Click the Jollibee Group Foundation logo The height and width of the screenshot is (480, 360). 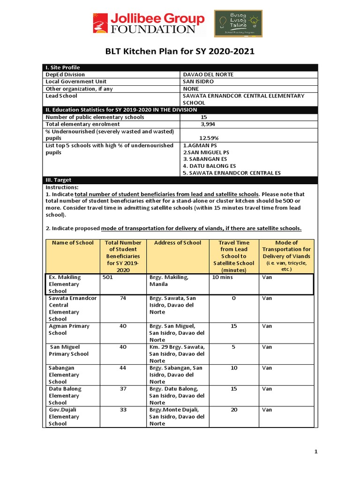(149, 23)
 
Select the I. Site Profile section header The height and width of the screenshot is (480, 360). (62, 67)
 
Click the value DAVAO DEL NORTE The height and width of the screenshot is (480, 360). (208, 75)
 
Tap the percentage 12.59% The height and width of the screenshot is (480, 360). (209, 138)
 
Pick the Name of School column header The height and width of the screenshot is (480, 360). (72, 243)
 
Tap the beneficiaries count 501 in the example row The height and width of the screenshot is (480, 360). (108, 277)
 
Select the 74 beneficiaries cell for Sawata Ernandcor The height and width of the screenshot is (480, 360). (123, 298)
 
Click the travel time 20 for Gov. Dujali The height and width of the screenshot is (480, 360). (233, 410)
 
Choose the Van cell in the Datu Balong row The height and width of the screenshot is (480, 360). (267, 389)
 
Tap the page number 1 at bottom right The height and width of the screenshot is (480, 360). (316, 451)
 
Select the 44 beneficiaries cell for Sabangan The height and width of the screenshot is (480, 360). (123, 368)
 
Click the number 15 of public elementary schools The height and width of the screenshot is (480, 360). (204, 117)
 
